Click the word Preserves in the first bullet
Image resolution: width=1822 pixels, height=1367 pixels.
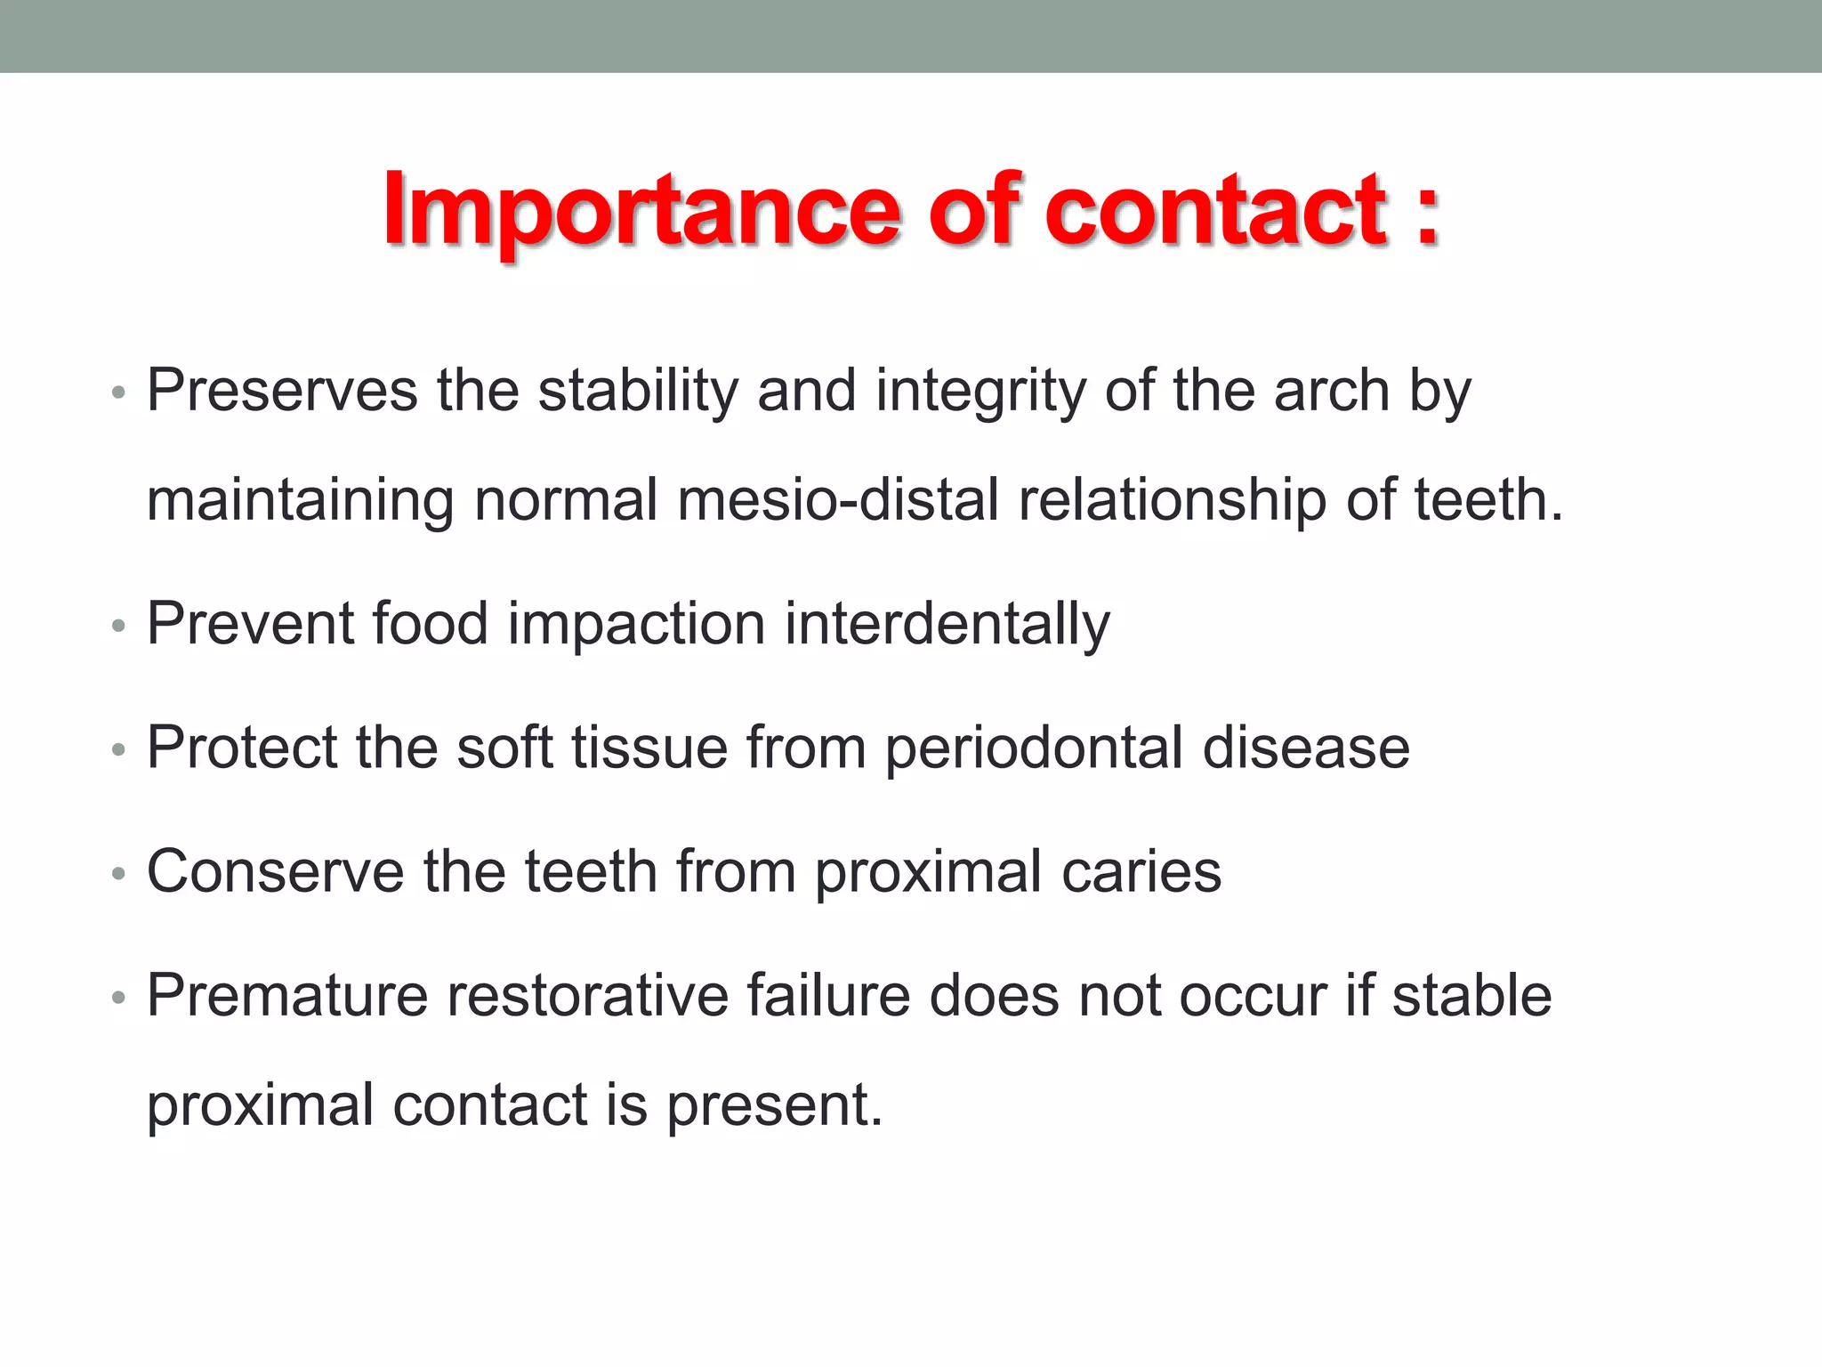(281, 391)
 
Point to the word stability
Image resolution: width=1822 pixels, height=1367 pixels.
(638, 391)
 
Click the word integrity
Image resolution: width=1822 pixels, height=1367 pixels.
(980, 392)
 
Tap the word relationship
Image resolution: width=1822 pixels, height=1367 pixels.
(1172, 500)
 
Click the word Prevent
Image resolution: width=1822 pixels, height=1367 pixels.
(251, 623)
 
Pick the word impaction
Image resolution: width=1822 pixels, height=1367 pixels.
(636, 625)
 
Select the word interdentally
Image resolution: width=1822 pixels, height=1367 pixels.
(947, 625)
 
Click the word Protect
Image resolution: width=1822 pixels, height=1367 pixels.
(242, 747)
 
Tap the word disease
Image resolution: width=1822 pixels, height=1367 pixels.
(1305, 747)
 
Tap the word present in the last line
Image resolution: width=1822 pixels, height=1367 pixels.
(773, 1106)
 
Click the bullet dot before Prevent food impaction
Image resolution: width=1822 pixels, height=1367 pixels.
(119, 626)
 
